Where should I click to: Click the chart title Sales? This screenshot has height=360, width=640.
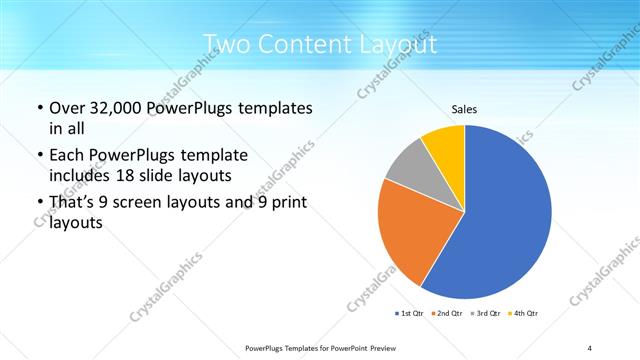click(x=464, y=109)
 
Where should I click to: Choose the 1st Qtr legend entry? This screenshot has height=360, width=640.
click(x=409, y=313)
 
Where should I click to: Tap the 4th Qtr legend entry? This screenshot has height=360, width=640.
click(x=524, y=313)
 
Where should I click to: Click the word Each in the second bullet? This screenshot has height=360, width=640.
click(x=68, y=155)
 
